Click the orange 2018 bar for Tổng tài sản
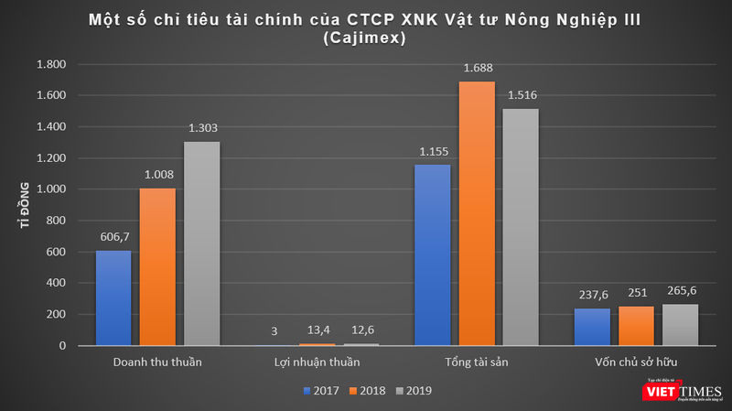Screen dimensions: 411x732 [x=477, y=213]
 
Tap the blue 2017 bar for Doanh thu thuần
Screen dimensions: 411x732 [x=114, y=297]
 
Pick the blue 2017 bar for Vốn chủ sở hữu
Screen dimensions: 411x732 [x=592, y=327]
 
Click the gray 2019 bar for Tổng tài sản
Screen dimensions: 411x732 [x=521, y=227]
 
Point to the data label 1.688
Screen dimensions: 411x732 [x=477, y=67]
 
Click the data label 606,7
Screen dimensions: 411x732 [x=113, y=236]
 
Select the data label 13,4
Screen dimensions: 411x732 [x=317, y=329]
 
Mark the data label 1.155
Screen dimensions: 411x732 [x=433, y=150]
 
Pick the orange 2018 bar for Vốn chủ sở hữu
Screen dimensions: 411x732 [x=636, y=326]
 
